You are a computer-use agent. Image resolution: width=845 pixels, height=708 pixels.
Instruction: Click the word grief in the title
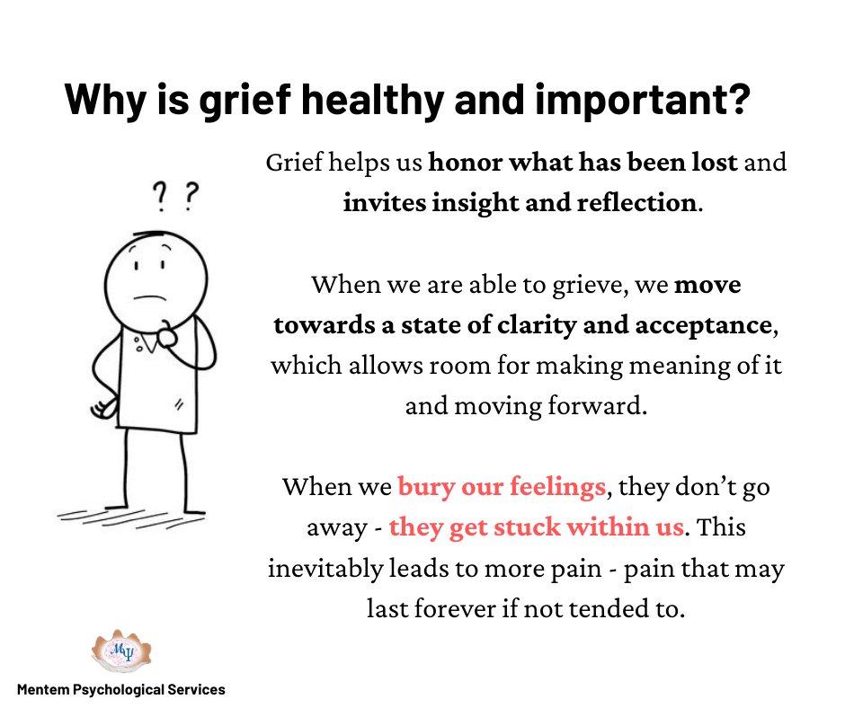pos(245,102)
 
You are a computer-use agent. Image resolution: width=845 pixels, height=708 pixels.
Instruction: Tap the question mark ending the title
pos(737,99)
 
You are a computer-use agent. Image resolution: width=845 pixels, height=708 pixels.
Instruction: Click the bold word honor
pos(465,163)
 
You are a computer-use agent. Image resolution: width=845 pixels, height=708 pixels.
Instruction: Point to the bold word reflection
pos(636,202)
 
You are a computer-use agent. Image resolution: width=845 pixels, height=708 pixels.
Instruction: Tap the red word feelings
pos(557,487)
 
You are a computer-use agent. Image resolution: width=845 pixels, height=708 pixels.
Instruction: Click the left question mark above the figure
pos(159,196)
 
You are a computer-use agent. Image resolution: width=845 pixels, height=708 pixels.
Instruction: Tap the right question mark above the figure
pos(191,196)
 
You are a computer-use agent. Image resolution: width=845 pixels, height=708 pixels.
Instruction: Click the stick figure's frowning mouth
pos(149,296)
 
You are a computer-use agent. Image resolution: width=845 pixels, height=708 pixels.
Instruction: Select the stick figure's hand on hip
pos(103,407)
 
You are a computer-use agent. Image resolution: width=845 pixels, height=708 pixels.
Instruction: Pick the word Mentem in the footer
pos(44,690)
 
